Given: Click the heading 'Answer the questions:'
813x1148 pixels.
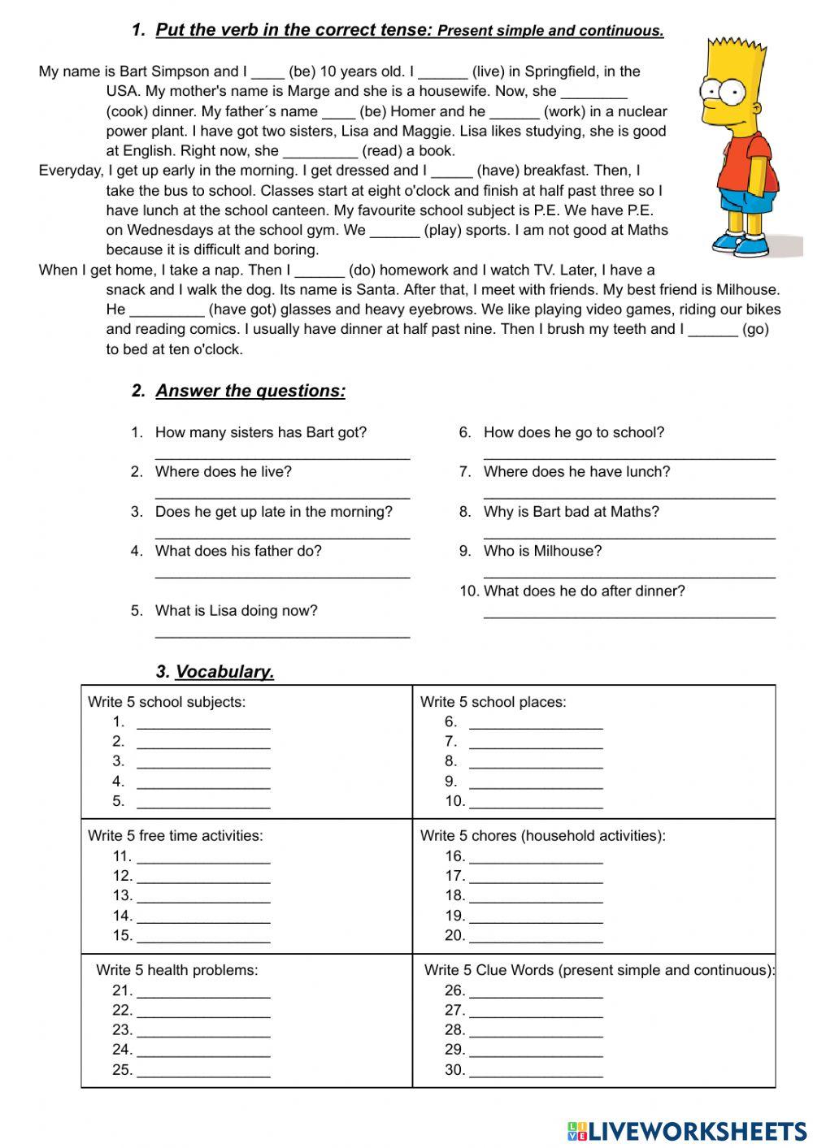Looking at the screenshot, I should (x=250, y=391).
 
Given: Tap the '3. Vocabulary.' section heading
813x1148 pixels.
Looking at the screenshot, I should (x=215, y=672).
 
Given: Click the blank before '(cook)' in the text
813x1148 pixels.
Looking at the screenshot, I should (x=593, y=93).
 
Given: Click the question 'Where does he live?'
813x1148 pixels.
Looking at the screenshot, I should (x=223, y=472).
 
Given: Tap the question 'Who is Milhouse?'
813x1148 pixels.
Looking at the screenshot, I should (x=542, y=551).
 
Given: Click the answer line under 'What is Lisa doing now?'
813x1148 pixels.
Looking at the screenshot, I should (x=282, y=635).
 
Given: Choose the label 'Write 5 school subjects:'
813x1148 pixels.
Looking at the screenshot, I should (x=167, y=702).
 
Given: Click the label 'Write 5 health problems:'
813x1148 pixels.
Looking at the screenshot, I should (x=176, y=970).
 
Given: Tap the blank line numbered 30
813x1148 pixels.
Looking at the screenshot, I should (x=536, y=1073).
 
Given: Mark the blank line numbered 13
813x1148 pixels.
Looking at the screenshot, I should (x=203, y=899).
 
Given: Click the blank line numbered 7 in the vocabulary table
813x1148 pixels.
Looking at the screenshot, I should (x=536, y=744).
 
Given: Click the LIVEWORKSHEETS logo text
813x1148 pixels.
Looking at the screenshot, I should (x=697, y=1130).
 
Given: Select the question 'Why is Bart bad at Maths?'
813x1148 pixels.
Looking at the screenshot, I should (x=571, y=512).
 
